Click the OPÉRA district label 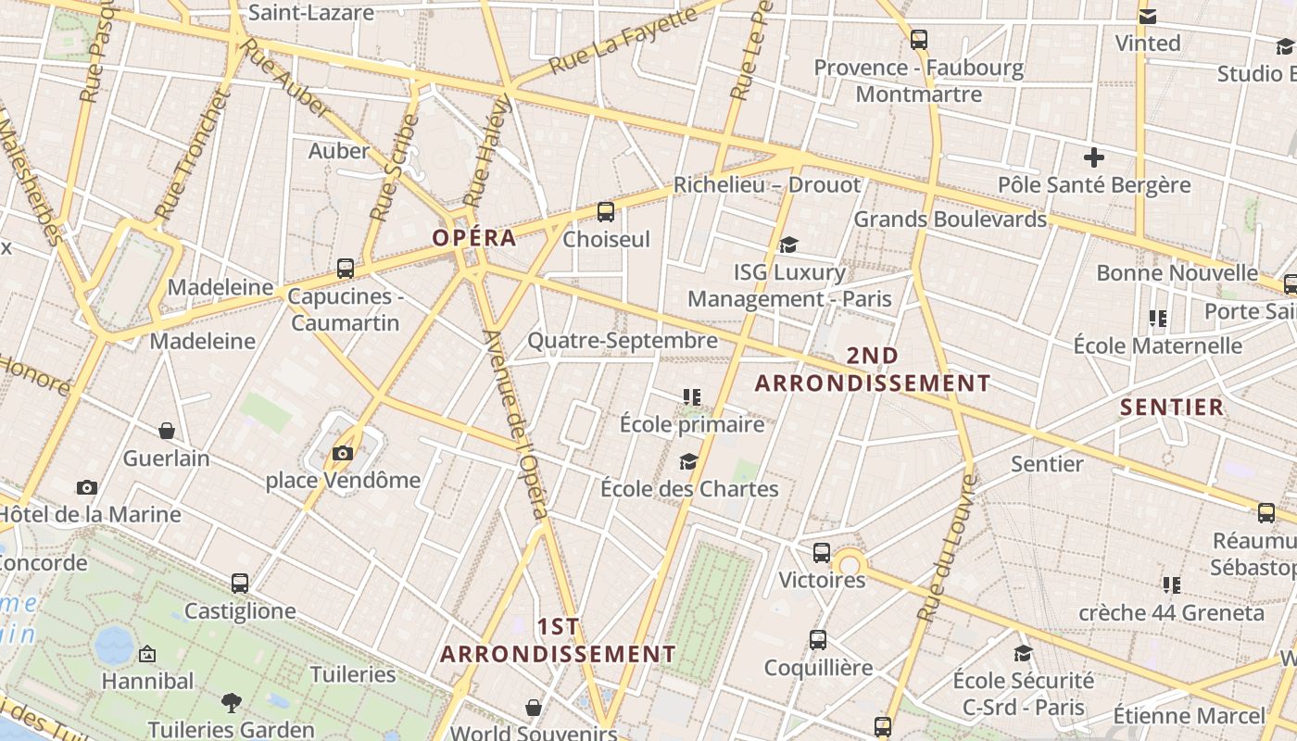point(473,238)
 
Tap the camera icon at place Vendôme point(343,453)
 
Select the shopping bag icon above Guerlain point(167,431)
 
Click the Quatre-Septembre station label point(623,341)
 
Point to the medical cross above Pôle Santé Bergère point(1094,157)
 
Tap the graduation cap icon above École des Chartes point(688,461)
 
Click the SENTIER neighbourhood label point(1172,407)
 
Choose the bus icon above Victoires point(822,553)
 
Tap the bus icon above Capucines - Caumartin point(346,269)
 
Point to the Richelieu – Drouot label point(767,184)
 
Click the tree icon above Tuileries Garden point(232,703)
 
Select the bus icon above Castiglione point(240,584)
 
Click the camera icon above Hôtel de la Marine point(87,487)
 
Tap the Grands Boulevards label point(950,220)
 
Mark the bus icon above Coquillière point(818,640)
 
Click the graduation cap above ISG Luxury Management point(788,245)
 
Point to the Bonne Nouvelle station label point(1177,273)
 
